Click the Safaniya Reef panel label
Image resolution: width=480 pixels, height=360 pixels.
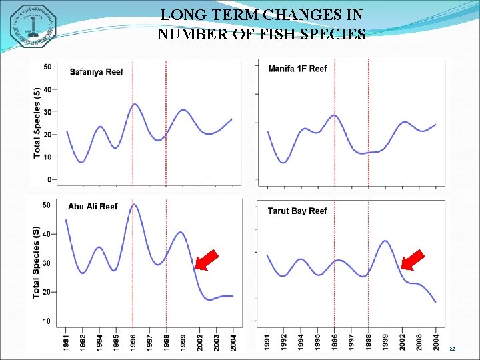coord(97,72)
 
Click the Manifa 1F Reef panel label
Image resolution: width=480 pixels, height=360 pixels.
coord(297,69)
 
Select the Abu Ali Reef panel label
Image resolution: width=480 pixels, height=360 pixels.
coord(93,207)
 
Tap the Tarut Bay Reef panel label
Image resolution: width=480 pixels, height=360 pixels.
coord(297,211)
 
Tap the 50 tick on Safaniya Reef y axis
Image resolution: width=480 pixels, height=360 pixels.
coord(47,67)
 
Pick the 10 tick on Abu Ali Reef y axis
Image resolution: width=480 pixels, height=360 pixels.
coord(47,321)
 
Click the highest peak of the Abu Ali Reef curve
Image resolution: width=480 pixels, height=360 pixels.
coord(133,205)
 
